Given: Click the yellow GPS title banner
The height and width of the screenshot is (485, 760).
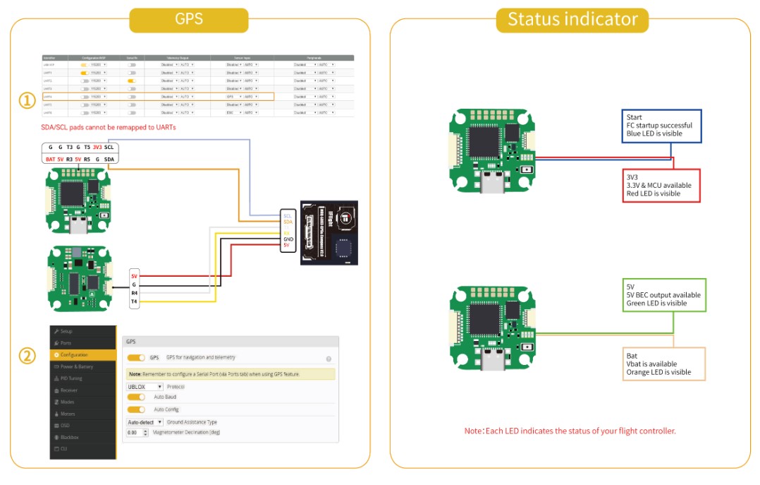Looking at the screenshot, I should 189,20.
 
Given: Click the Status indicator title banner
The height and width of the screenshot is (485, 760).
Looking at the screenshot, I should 572,20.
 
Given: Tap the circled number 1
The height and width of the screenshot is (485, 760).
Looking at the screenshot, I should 27,101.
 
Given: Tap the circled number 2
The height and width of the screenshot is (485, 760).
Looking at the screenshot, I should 27,355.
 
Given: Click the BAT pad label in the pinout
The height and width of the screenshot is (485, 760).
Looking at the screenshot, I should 50,160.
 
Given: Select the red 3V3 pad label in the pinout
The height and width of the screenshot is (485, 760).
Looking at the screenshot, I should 97,148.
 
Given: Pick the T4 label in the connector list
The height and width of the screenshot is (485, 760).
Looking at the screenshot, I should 134,301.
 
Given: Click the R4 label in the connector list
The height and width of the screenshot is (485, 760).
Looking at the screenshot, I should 134,293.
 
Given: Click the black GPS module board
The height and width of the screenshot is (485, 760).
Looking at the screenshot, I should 329,232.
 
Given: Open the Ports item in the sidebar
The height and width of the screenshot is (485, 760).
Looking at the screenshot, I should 66,343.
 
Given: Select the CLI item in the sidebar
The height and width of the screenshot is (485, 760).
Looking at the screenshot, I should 64,449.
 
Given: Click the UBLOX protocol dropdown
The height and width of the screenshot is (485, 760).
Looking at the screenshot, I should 145,387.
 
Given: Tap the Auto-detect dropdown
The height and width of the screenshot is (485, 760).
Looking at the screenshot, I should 145,422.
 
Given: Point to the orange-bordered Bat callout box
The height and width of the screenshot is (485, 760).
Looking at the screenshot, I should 665,364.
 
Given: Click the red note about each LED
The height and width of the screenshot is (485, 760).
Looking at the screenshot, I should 570,431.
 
